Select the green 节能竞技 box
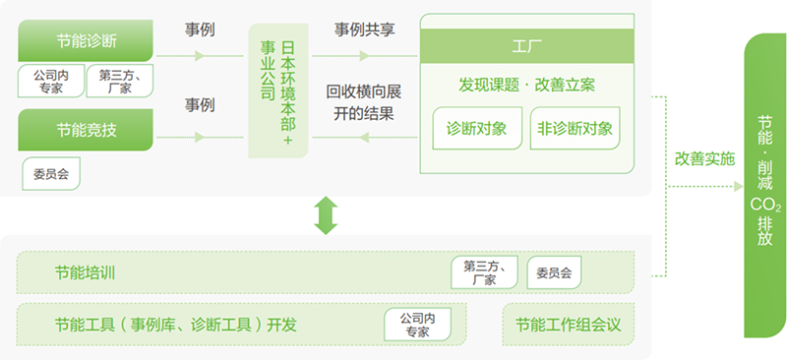click(86, 129)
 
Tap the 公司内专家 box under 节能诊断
click(50, 81)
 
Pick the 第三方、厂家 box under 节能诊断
click(120, 81)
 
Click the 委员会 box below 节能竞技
click(50, 174)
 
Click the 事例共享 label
click(365, 29)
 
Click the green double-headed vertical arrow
click(326, 214)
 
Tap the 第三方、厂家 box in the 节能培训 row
click(484, 272)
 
